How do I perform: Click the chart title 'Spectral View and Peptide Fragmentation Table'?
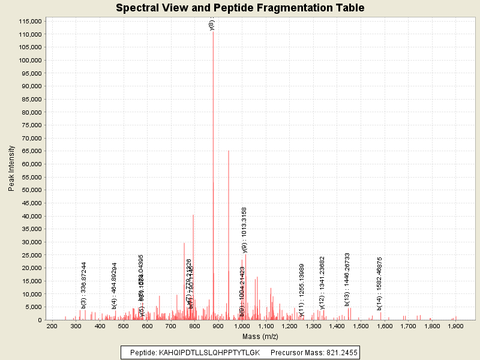240,8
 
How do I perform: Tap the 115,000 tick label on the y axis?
29,21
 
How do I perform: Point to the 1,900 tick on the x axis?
455,326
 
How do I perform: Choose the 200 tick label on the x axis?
52,326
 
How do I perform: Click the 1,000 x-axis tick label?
242,326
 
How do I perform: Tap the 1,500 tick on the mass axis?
361,326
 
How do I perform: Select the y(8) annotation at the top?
212,24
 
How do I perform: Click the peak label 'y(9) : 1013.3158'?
244,230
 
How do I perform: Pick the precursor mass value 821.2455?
336,352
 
